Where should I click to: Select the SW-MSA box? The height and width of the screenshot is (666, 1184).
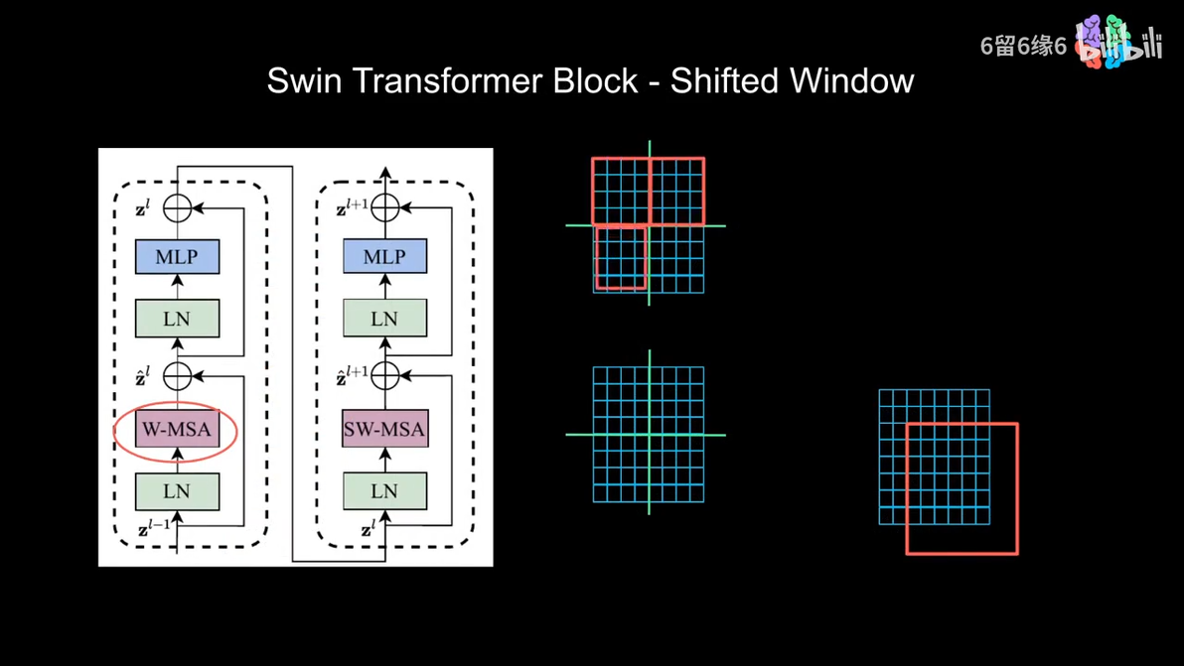384,429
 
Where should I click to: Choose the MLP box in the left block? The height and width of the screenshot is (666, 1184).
177,257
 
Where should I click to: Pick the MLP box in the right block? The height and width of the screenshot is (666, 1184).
384,257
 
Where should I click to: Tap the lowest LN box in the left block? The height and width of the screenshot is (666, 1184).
177,491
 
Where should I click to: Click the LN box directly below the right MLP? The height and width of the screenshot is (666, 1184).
384,320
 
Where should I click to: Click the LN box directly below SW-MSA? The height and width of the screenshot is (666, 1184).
384,491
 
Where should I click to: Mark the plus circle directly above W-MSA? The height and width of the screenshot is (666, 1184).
177,376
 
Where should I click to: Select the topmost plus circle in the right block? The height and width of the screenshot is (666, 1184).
384,207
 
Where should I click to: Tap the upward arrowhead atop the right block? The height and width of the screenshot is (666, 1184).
385,174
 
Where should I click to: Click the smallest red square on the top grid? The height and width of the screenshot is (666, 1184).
621,258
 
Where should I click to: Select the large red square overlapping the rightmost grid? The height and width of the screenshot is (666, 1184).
962,488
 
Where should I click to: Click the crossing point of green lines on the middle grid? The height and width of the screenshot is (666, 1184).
650,435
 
